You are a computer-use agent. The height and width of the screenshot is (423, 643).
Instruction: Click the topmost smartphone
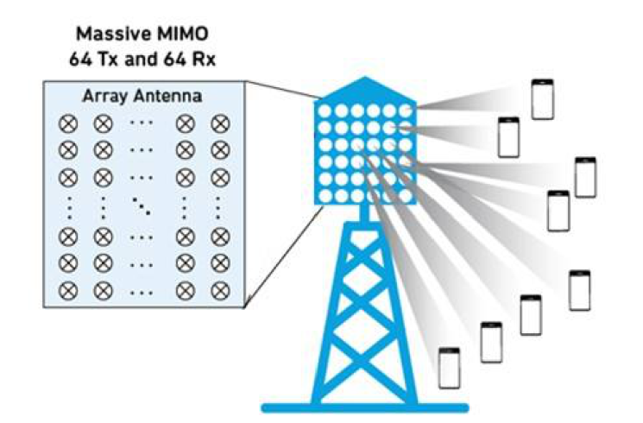542,98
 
